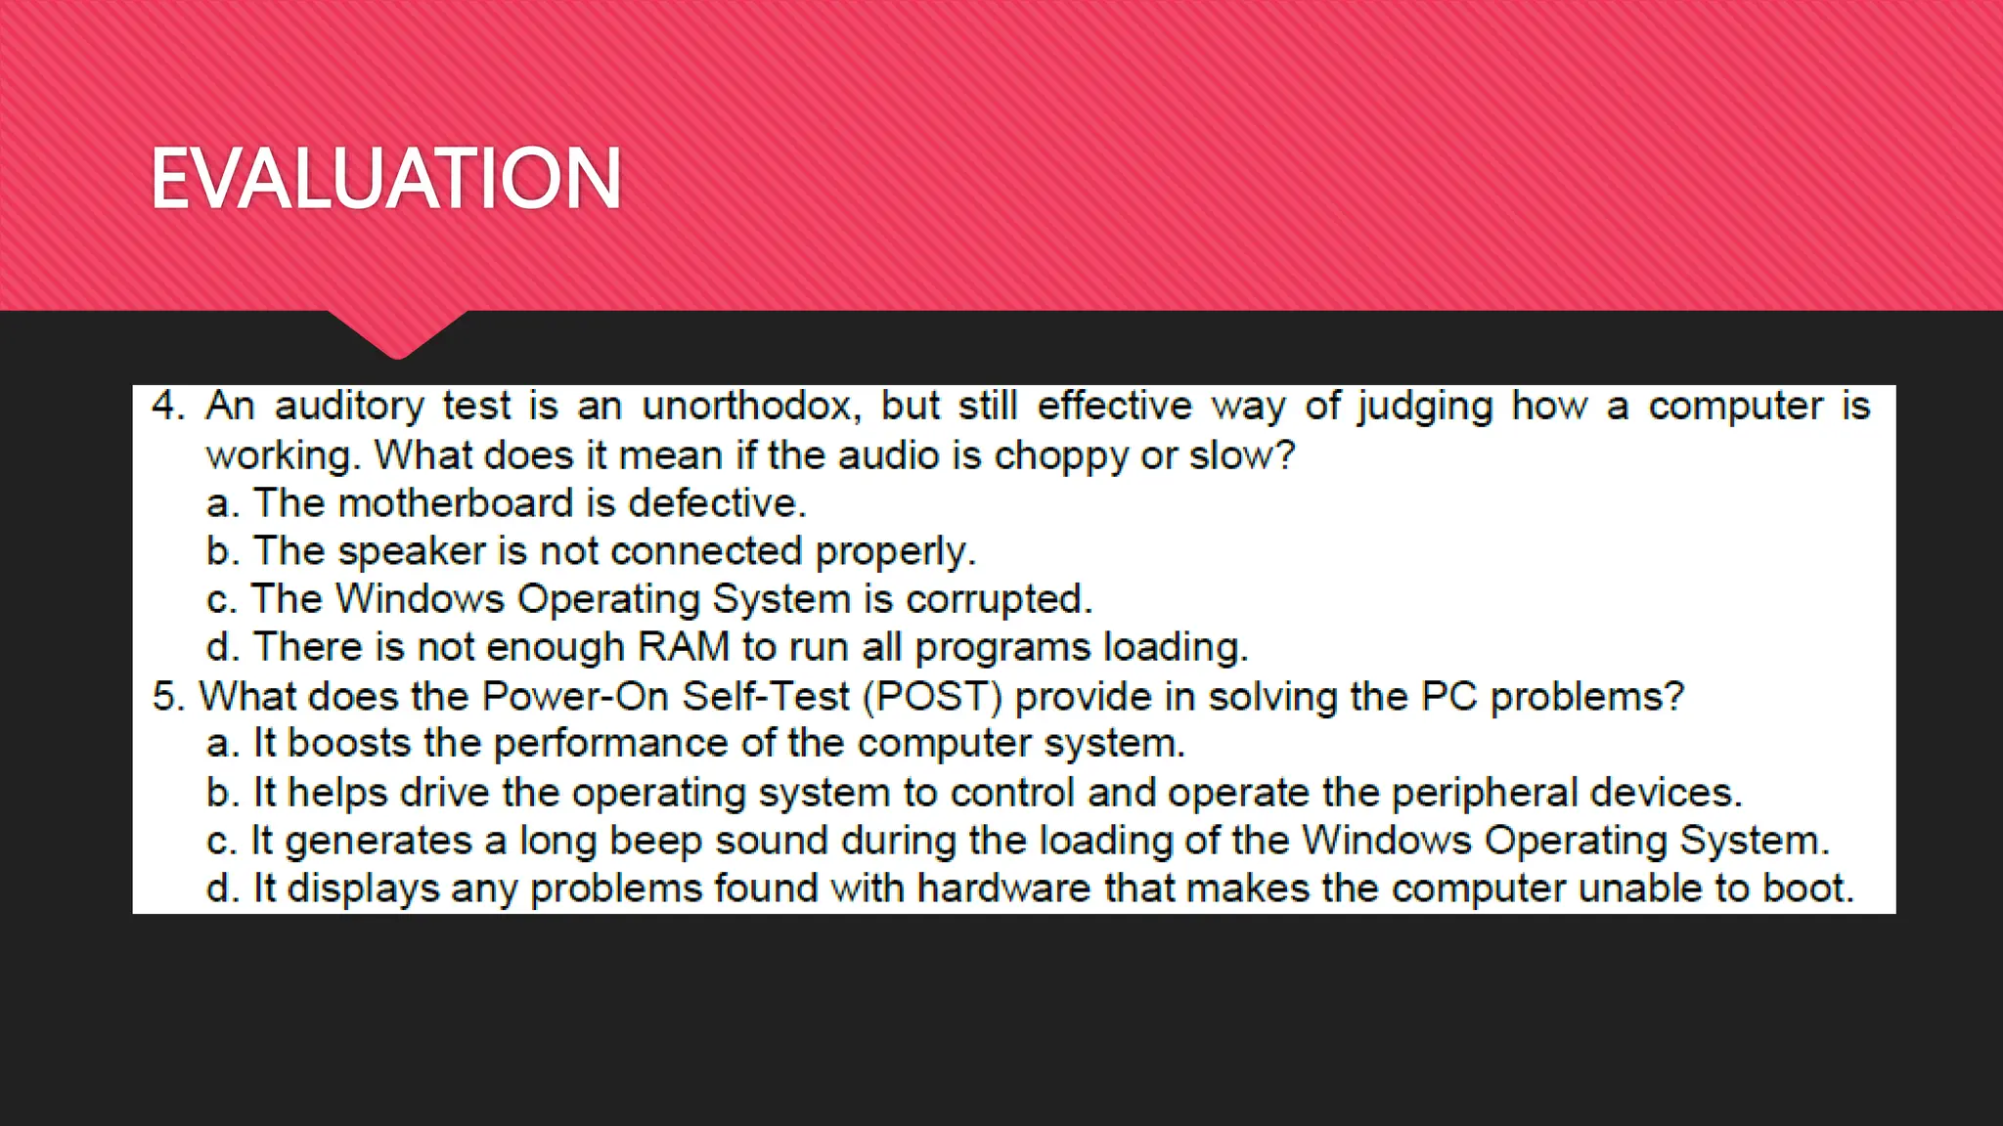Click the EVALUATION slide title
click(386, 178)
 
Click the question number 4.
click(167, 406)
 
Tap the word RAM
click(684, 647)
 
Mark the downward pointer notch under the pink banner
click(398, 336)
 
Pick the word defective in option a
click(716, 503)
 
